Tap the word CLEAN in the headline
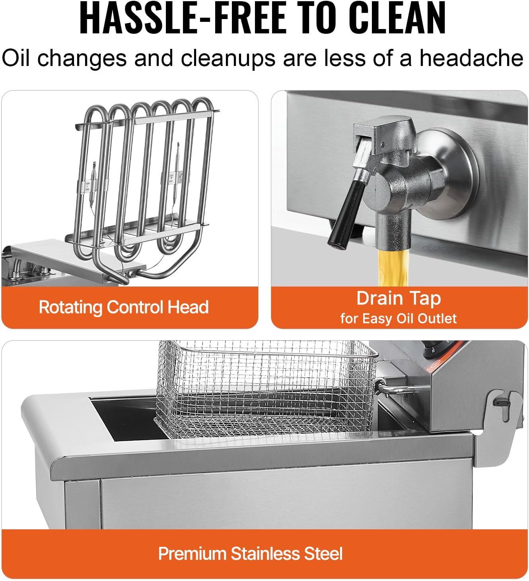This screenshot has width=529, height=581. [x=397, y=18]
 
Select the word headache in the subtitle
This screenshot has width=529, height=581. [x=472, y=58]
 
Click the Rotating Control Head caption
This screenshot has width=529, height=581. [x=124, y=307]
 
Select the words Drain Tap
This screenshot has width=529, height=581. [x=399, y=298]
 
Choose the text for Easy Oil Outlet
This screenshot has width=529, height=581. [x=399, y=319]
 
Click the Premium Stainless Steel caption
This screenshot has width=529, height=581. [x=250, y=554]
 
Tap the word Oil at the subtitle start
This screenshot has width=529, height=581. [x=16, y=58]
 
